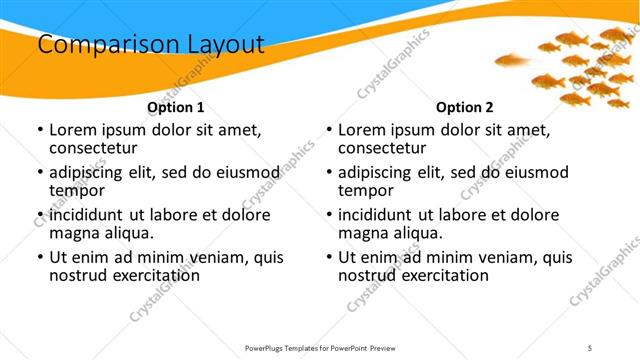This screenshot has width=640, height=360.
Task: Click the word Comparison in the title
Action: point(99,45)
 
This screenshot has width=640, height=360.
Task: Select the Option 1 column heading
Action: point(176,107)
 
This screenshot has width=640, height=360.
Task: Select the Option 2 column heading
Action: point(465,107)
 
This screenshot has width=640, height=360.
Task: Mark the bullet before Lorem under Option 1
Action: point(39,130)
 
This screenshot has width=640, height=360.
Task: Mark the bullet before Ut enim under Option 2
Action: point(328,257)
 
